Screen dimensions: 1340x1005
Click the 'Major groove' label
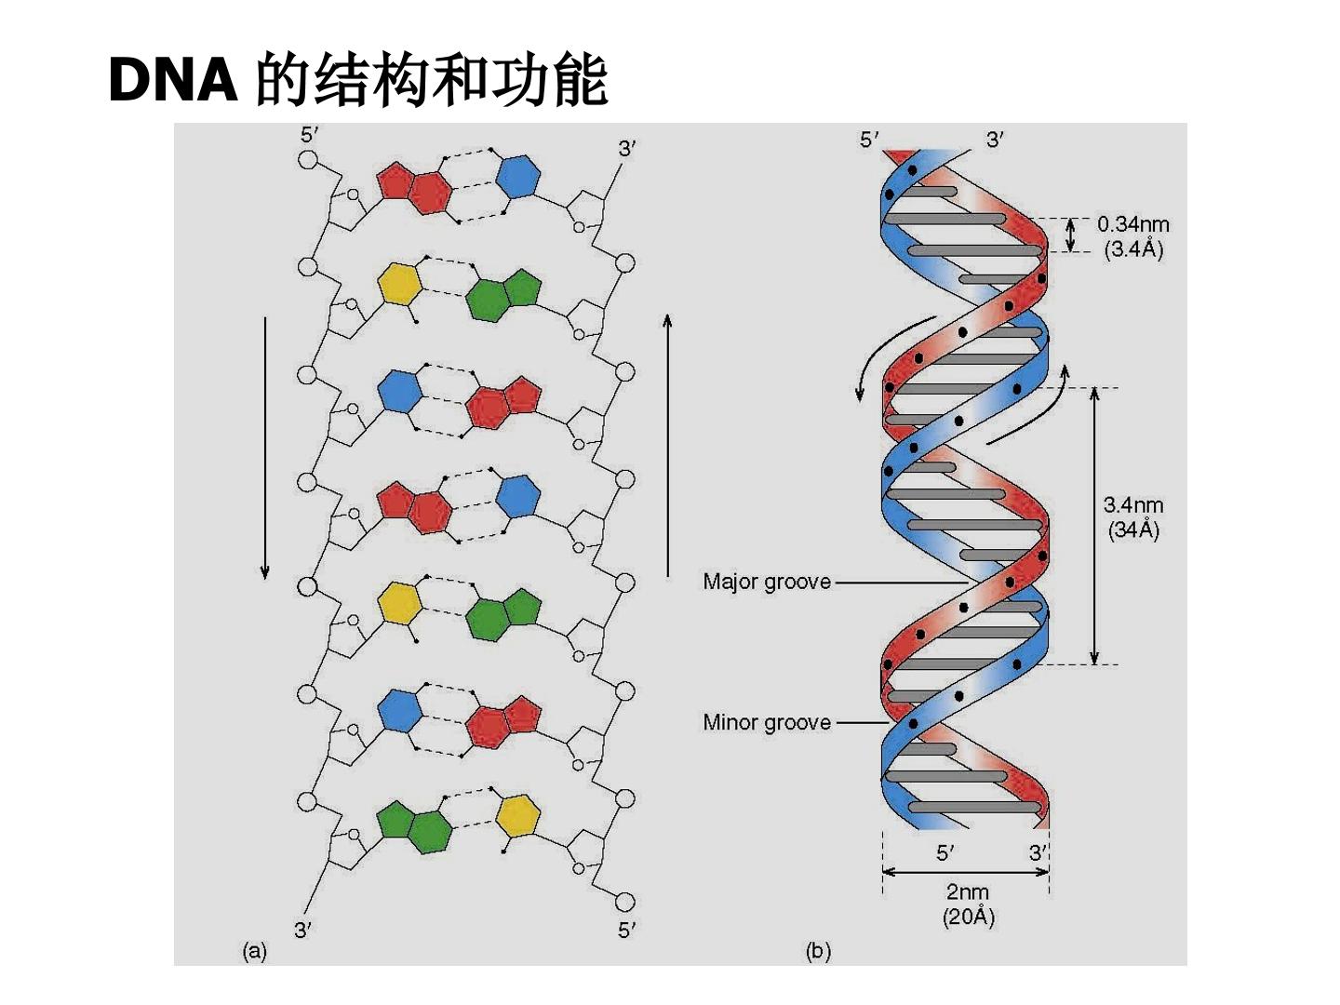[x=766, y=582]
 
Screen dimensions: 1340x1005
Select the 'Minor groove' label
[x=766, y=722]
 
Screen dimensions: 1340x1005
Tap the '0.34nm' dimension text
[x=1133, y=224]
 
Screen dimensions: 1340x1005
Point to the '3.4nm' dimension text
[x=1133, y=504]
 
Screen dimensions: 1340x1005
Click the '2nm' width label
[x=968, y=892]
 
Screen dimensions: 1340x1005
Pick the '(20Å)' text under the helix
[x=968, y=918]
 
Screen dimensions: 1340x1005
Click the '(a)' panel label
[x=255, y=951]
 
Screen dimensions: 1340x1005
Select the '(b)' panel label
[x=818, y=951]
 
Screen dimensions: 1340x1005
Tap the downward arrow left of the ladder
[x=264, y=448]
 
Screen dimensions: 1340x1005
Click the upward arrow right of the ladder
[x=667, y=445]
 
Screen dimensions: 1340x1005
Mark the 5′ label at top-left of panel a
[x=310, y=136]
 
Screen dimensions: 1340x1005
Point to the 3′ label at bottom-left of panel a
[x=303, y=931]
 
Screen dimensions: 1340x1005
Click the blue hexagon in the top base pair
[x=518, y=177]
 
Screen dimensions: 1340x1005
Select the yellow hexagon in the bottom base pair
[x=517, y=815]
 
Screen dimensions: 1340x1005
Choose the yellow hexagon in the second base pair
[x=400, y=284]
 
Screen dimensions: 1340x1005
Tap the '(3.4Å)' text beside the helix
[x=1133, y=249]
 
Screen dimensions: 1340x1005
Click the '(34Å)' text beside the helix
[x=1133, y=529]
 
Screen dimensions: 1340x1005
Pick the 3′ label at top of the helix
[x=995, y=141]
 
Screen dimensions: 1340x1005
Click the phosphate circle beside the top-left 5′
[x=308, y=160]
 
